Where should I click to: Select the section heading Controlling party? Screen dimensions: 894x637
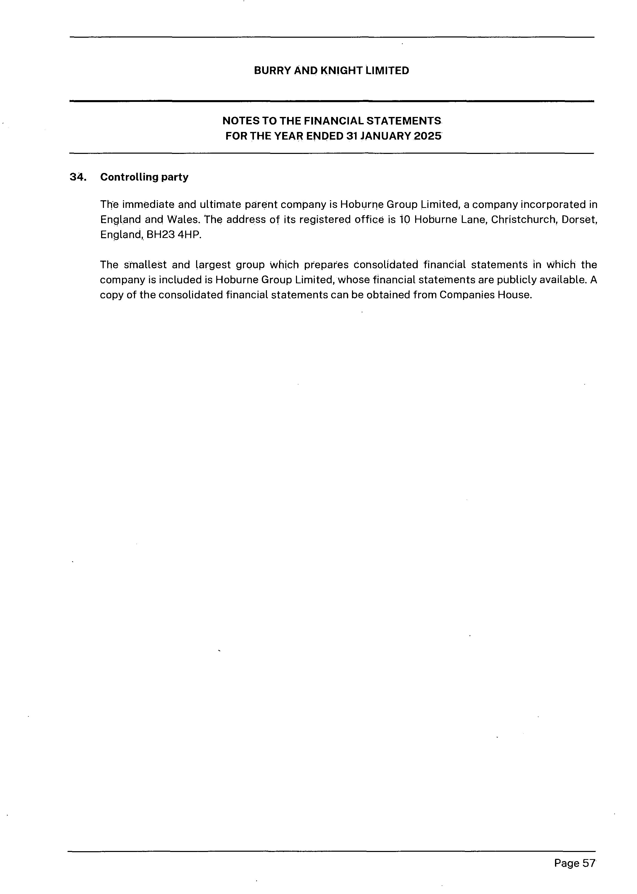point(144,177)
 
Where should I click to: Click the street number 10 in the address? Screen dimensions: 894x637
point(405,219)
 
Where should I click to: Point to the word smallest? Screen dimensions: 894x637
point(145,265)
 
